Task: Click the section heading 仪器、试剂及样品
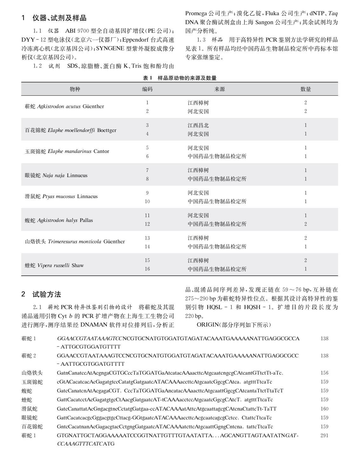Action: tap(59, 18)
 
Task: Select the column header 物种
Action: tap(75, 89)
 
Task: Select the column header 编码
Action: tap(147, 89)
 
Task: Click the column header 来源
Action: tap(220, 89)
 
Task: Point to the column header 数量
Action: tap(305, 89)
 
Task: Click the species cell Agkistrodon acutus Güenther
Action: tap(64, 107)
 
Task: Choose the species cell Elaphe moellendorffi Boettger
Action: tap(70, 130)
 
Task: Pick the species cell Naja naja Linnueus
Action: tap(56, 175)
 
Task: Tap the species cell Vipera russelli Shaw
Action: tap(54, 265)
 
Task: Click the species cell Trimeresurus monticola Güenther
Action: tap(75, 242)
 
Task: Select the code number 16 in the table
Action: tap(147, 269)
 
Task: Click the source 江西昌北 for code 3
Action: tap(198, 125)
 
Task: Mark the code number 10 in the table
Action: tap(147, 201)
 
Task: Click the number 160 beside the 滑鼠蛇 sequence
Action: tap(324, 409)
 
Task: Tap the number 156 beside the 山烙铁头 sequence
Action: tap(324, 373)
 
